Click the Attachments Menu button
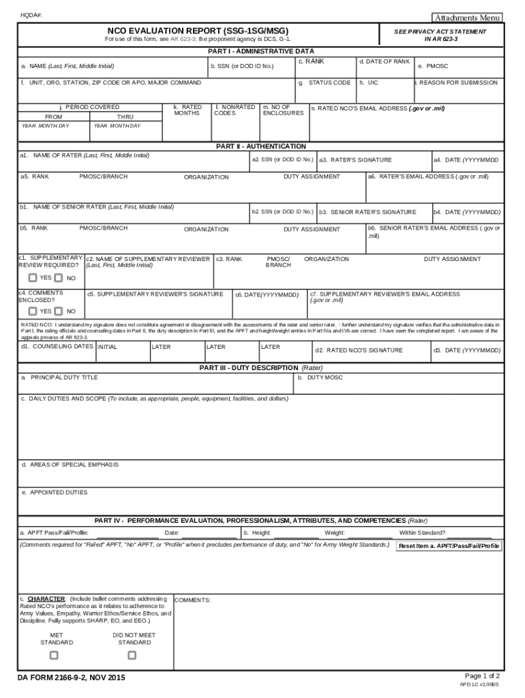(x=468, y=17)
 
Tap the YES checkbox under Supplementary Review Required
(x=33, y=277)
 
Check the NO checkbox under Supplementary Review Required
(x=58, y=277)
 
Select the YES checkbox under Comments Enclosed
(x=33, y=311)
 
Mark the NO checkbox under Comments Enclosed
(x=58, y=311)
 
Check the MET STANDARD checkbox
(x=54, y=655)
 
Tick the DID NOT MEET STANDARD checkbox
(x=132, y=655)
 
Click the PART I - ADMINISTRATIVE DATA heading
(x=261, y=51)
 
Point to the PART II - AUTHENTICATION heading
(x=261, y=147)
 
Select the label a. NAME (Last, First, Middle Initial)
(x=67, y=66)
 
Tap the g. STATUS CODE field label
(x=325, y=82)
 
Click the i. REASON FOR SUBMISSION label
(x=456, y=82)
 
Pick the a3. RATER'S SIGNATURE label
(x=355, y=160)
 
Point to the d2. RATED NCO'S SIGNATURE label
(x=359, y=350)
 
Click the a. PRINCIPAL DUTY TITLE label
(x=59, y=377)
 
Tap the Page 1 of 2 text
(x=482, y=676)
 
